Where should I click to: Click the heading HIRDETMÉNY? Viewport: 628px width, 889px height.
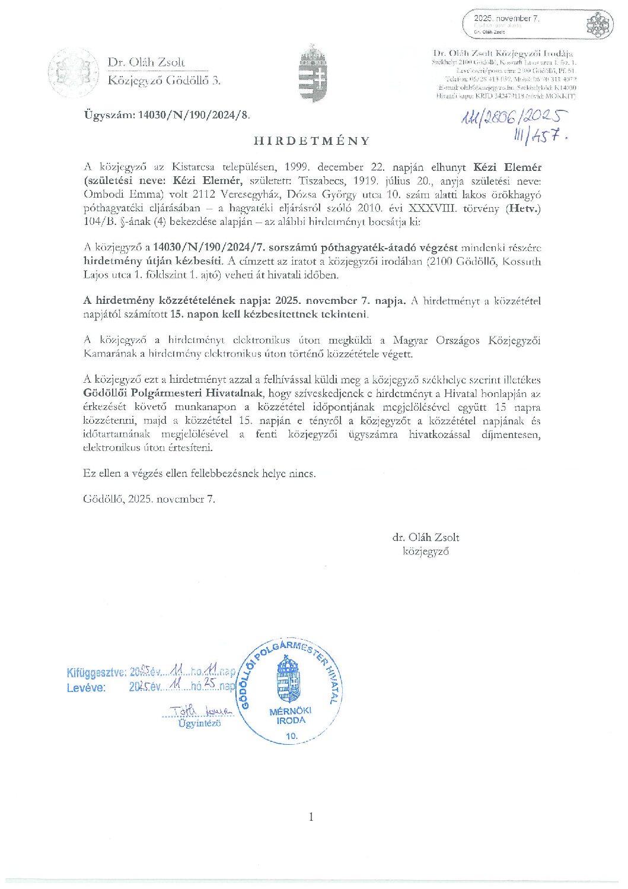tap(311, 141)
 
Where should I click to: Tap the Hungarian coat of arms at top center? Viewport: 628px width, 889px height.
tap(313, 73)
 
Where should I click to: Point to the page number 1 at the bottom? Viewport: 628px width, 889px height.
tap(311, 817)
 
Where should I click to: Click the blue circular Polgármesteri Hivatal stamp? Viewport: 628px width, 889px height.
tap(291, 692)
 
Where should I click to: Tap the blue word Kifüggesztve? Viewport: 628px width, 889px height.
tap(96, 672)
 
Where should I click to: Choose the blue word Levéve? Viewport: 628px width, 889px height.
tap(86, 687)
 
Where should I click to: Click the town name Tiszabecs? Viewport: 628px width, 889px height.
tap(323, 181)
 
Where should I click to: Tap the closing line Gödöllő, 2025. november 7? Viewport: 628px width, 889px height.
tap(149, 499)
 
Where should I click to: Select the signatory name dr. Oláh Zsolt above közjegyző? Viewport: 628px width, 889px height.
tap(425, 537)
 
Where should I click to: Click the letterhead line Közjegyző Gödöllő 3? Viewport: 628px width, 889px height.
tap(164, 80)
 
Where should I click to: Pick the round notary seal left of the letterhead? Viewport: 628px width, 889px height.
tap(73, 72)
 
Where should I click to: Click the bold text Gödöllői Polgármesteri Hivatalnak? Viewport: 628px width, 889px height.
tap(175, 393)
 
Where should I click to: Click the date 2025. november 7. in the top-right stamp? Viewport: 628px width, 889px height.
tap(506, 18)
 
